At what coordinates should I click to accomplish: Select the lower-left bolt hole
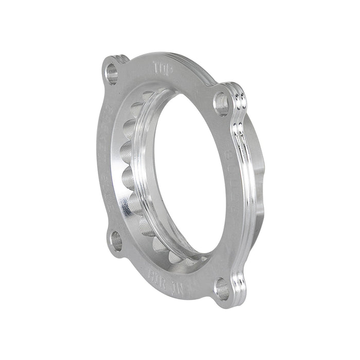116,241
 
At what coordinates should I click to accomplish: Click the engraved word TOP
163,68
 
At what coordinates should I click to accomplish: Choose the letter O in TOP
164,68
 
